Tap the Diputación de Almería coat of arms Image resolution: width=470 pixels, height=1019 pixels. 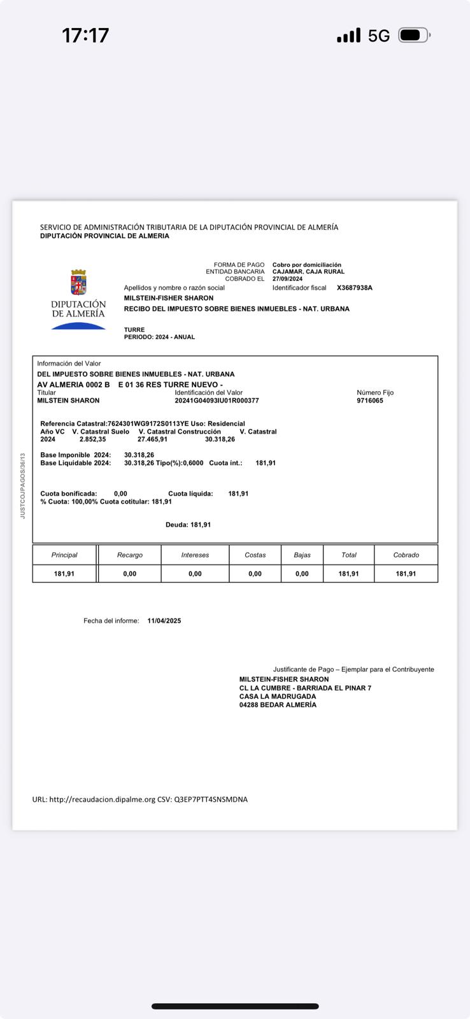click(x=78, y=282)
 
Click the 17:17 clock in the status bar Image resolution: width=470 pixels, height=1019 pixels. click(x=85, y=35)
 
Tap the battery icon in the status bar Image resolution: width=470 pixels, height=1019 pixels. click(x=414, y=35)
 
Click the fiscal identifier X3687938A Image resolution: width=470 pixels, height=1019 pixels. click(x=355, y=288)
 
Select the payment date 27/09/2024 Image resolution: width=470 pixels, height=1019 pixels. click(x=287, y=279)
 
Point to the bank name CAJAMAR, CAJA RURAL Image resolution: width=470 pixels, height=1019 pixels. click(x=308, y=272)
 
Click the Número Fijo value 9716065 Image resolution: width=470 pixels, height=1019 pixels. click(x=370, y=401)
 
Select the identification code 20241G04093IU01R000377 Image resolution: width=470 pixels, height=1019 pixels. click(x=217, y=401)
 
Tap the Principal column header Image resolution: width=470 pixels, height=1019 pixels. click(x=64, y=555)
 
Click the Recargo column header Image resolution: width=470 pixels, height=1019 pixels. click(x=130, y=555)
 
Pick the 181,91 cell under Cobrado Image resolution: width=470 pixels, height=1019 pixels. click(x=406, y=574)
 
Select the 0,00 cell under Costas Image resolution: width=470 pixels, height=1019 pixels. click(x=255, y=574)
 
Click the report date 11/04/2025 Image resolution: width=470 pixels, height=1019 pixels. click(x=164, y=621)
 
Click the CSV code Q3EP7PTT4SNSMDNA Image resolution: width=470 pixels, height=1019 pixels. click(x=211, y=799)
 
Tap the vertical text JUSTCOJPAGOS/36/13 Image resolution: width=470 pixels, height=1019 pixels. click(x=23, y=486)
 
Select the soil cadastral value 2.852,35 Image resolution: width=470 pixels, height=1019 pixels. click(x=93, y=439)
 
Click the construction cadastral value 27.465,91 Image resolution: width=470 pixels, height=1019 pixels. click(x=153, y=439)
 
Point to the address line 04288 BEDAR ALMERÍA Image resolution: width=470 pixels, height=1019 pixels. click(x=278, y=705)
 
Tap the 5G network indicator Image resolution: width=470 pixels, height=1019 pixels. click(x=379, y=36)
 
